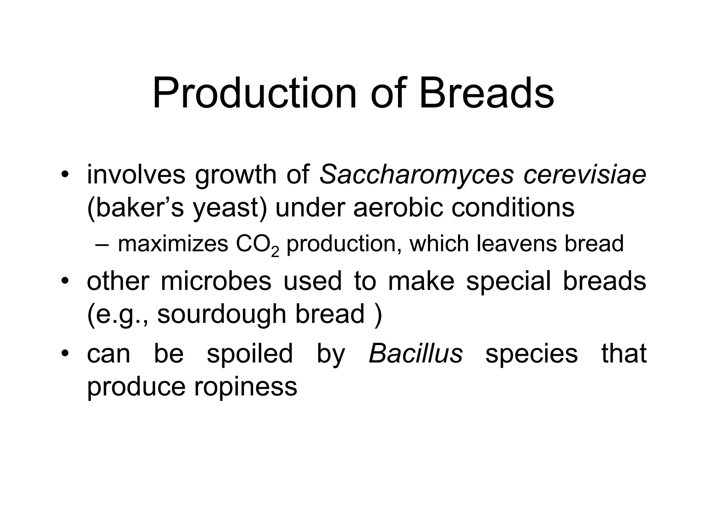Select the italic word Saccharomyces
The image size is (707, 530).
[417, 175]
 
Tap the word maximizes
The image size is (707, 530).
[173, 244]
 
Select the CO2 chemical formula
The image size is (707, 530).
[257, 245]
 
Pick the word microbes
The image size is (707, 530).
[216, 281]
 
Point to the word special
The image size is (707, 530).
[509, 281]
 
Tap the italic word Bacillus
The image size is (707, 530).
[416, 354]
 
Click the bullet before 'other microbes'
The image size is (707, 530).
[64, 280]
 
